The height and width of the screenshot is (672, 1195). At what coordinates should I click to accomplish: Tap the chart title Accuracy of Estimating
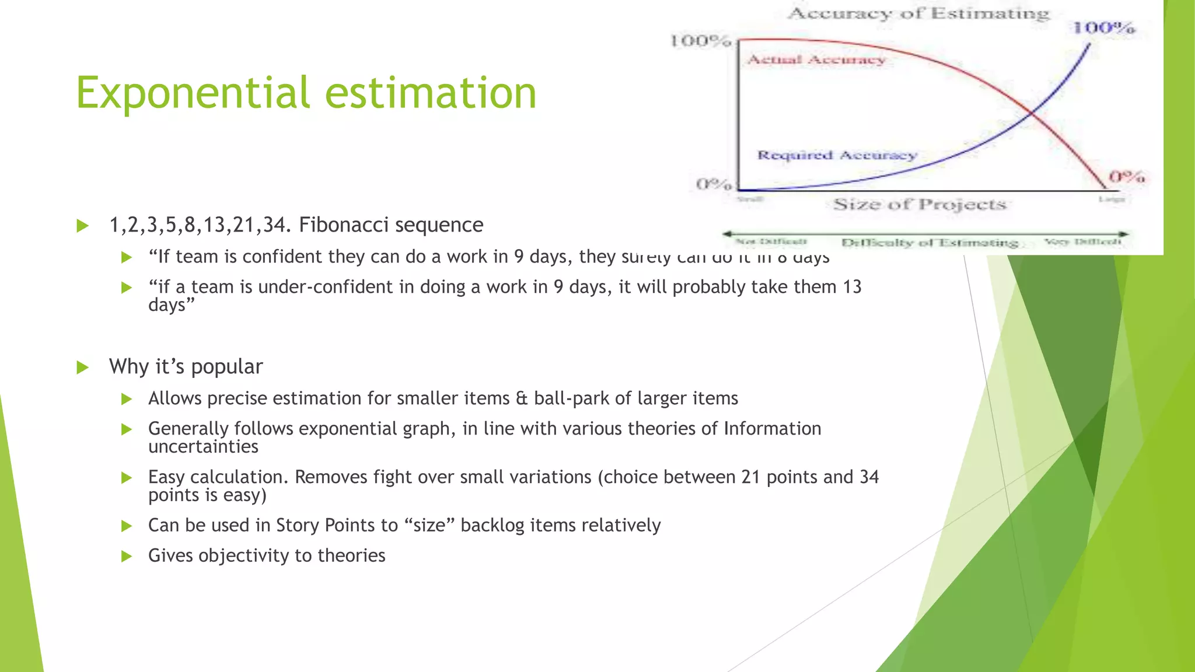[918, 13]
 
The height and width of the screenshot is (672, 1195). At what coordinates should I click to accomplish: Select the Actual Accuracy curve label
[816, 60]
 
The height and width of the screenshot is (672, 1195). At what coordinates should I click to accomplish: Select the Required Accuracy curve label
[837, 155]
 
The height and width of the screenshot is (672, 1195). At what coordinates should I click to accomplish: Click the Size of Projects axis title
[920, 204]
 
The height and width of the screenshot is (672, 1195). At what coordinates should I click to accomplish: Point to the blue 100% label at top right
[1103, 27]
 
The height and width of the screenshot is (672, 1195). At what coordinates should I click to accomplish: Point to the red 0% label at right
[1126, 176]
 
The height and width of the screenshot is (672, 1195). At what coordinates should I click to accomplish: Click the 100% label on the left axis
[700, 41]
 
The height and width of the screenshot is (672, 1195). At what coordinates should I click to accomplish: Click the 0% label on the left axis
[713, 184]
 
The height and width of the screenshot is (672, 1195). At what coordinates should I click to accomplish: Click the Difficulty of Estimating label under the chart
[929, 242]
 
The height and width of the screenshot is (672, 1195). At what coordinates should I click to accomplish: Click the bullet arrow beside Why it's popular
[83, 367]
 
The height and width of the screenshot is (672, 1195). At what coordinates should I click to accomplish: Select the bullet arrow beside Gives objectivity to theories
[127, 556]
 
